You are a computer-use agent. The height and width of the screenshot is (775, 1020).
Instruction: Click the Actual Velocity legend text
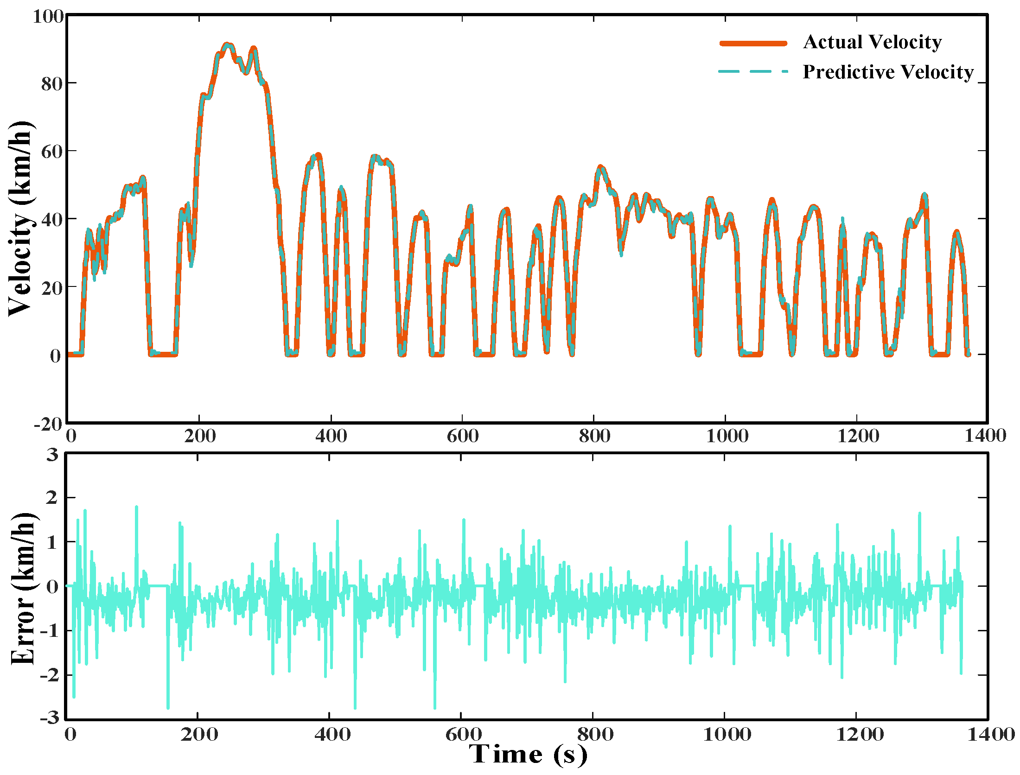coord(872,42)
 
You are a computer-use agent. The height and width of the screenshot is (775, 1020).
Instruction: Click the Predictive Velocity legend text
coord(888,72)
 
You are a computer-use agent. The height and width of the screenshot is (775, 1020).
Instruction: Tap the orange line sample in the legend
coord(753,43)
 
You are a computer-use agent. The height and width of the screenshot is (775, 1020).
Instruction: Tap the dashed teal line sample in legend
coord(753,72)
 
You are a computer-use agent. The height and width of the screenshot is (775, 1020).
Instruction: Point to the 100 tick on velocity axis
coord(48,17)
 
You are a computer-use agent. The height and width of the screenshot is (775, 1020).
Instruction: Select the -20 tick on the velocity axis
coord(48,424)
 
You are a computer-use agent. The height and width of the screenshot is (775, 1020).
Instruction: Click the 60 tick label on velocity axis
coord(51,152)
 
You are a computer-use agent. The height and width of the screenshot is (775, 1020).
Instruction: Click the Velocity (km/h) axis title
coord(21,219)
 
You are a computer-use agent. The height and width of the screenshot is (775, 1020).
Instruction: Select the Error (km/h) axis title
coord(23,589)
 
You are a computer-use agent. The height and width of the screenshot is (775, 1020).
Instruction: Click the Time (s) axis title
coord(528,755)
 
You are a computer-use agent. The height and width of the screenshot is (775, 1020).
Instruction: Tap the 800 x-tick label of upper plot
coord(594,436)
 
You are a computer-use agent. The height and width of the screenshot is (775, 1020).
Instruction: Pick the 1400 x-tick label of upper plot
coord(985,436)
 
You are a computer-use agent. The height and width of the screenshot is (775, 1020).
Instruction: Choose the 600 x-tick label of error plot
coord(463,735)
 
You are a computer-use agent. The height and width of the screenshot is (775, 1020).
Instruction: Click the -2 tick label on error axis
coord(49,675)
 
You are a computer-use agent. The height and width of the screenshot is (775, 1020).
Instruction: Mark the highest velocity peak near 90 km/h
coord(227,45)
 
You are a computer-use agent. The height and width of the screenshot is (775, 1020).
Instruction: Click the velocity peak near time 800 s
coord(600,167)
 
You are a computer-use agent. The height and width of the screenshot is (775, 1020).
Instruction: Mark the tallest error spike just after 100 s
coord(136,507)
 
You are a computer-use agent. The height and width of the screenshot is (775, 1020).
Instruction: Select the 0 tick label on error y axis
coord(52,587)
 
